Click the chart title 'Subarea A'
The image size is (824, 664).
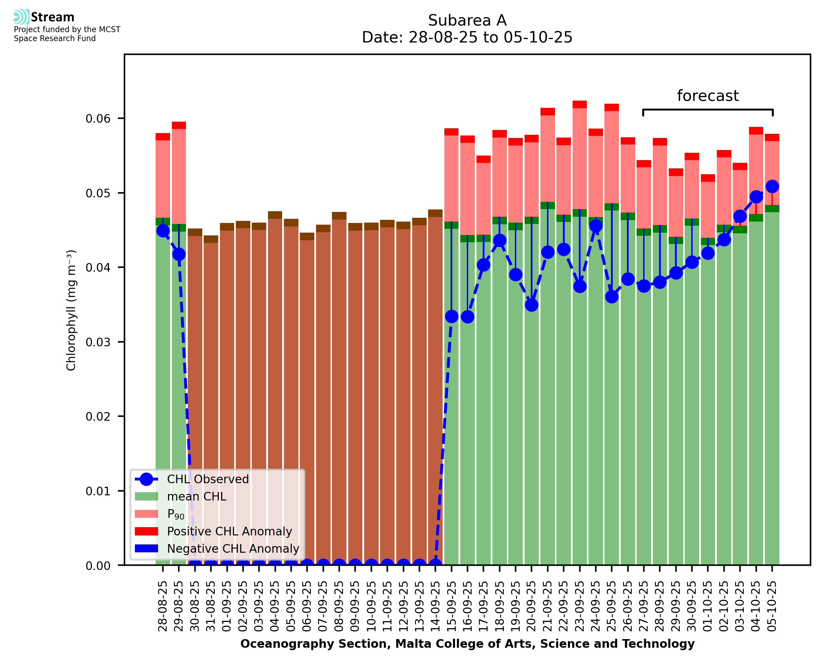coord(467,20)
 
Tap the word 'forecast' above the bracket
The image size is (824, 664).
coord(708,96)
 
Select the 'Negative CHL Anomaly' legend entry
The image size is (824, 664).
coord(233,549)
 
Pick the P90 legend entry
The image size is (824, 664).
coord(176,514)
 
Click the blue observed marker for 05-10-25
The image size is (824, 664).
coord(772,186)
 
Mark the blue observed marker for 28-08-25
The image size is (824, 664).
coord(163,231)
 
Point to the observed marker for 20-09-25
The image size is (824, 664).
coord(531,305)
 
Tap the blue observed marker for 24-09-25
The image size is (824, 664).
coord(596,226)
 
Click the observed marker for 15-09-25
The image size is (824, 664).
coord(452,316)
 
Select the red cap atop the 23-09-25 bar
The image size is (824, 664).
coord(580,104)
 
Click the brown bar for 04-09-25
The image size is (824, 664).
coord(275,383)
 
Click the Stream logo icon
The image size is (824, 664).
coord(22,17)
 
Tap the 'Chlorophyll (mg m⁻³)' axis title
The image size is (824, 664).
coord(71,310)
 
